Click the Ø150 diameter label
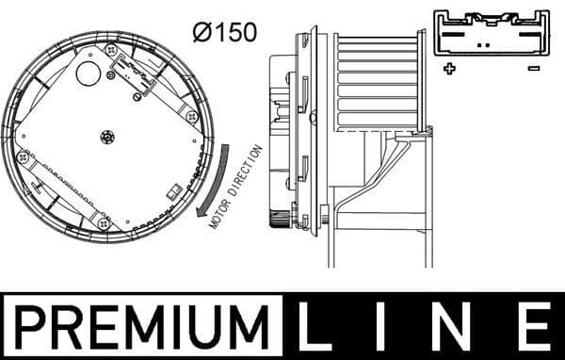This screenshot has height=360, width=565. click(x=223, y=31)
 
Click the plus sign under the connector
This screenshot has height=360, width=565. click(x=450, y=68)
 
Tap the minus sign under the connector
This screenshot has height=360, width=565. click(x=533, y=68)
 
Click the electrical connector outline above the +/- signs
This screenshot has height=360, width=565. click(x=490, y=33)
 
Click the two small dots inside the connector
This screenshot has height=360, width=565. click(x=483, y=43)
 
